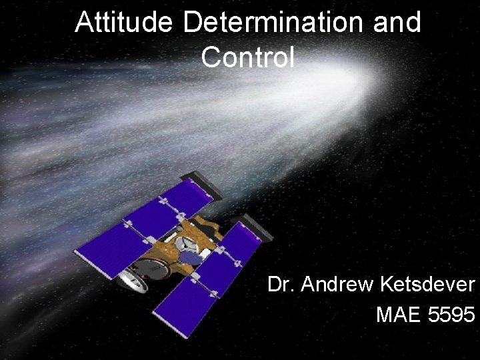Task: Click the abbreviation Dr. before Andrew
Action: pos(281,285)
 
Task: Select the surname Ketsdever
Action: pos(427,285)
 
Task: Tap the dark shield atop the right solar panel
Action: pos(257,227)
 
